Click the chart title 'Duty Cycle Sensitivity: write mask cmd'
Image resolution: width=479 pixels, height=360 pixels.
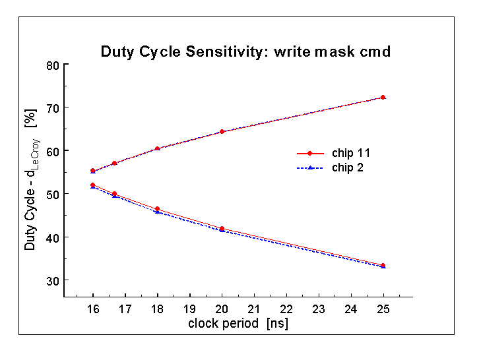245,51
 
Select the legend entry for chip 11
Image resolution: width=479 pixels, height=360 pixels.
334,153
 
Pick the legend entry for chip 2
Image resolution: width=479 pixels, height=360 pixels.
331,167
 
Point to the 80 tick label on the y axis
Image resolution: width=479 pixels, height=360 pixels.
53,65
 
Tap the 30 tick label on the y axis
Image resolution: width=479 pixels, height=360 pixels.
53,281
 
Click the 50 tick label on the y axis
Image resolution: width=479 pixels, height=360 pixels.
53,195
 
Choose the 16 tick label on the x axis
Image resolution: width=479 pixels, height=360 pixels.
93,309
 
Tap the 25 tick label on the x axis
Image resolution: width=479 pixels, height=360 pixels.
383,309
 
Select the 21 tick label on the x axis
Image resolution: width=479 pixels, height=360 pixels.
254,309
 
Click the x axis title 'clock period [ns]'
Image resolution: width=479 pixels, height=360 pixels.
238,323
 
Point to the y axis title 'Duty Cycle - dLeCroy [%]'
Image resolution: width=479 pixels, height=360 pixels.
31,179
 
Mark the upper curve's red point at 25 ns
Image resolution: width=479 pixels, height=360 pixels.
383,98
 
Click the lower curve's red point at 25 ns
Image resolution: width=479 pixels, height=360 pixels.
383,266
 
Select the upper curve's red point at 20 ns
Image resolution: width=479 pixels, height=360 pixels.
222,132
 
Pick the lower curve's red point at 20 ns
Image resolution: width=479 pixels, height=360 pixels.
222,229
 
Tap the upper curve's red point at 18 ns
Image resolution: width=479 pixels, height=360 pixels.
157,149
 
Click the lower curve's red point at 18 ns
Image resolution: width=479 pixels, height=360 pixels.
157,209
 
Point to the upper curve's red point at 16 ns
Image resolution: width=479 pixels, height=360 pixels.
93,171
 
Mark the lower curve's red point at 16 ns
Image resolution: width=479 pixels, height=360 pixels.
93,185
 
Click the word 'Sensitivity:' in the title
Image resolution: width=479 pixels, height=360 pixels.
227,51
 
